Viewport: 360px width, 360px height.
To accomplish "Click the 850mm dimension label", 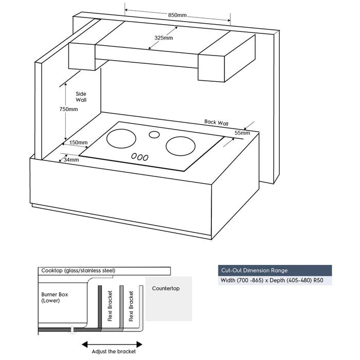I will tap(177, 15).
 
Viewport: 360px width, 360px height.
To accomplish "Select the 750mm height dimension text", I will tap(68, 109).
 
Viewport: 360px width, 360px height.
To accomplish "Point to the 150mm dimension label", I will tap(78, 142).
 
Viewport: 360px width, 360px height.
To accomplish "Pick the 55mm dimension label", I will tap(242, 133).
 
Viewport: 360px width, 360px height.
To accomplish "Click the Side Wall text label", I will tap(81, 96).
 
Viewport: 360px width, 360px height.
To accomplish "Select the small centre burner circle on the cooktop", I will tap(154, 135).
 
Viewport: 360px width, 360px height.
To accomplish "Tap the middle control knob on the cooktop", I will tap(139, 157).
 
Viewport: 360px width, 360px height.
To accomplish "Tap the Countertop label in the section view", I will tap(166, 289).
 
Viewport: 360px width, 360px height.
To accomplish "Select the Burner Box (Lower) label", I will tap(55, 298).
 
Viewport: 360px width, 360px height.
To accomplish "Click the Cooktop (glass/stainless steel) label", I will tap(79, 271).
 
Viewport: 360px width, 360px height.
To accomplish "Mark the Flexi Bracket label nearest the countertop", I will tap(132, 306).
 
